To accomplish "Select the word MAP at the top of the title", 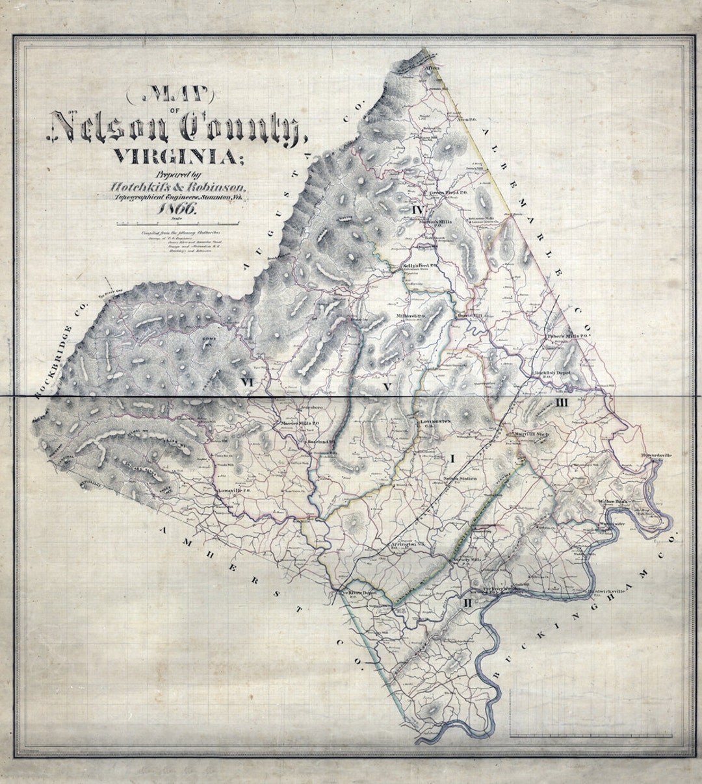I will [x=179, y=97].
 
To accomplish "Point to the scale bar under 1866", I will [x=177, y=223].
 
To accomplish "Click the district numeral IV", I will [x=417, y=210].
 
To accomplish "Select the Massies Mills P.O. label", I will [x=298, y=423].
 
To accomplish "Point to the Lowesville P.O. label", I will [x=234, y=490].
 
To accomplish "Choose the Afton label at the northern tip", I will [x=432, y=68].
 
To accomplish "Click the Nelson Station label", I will [x=460, y=479].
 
